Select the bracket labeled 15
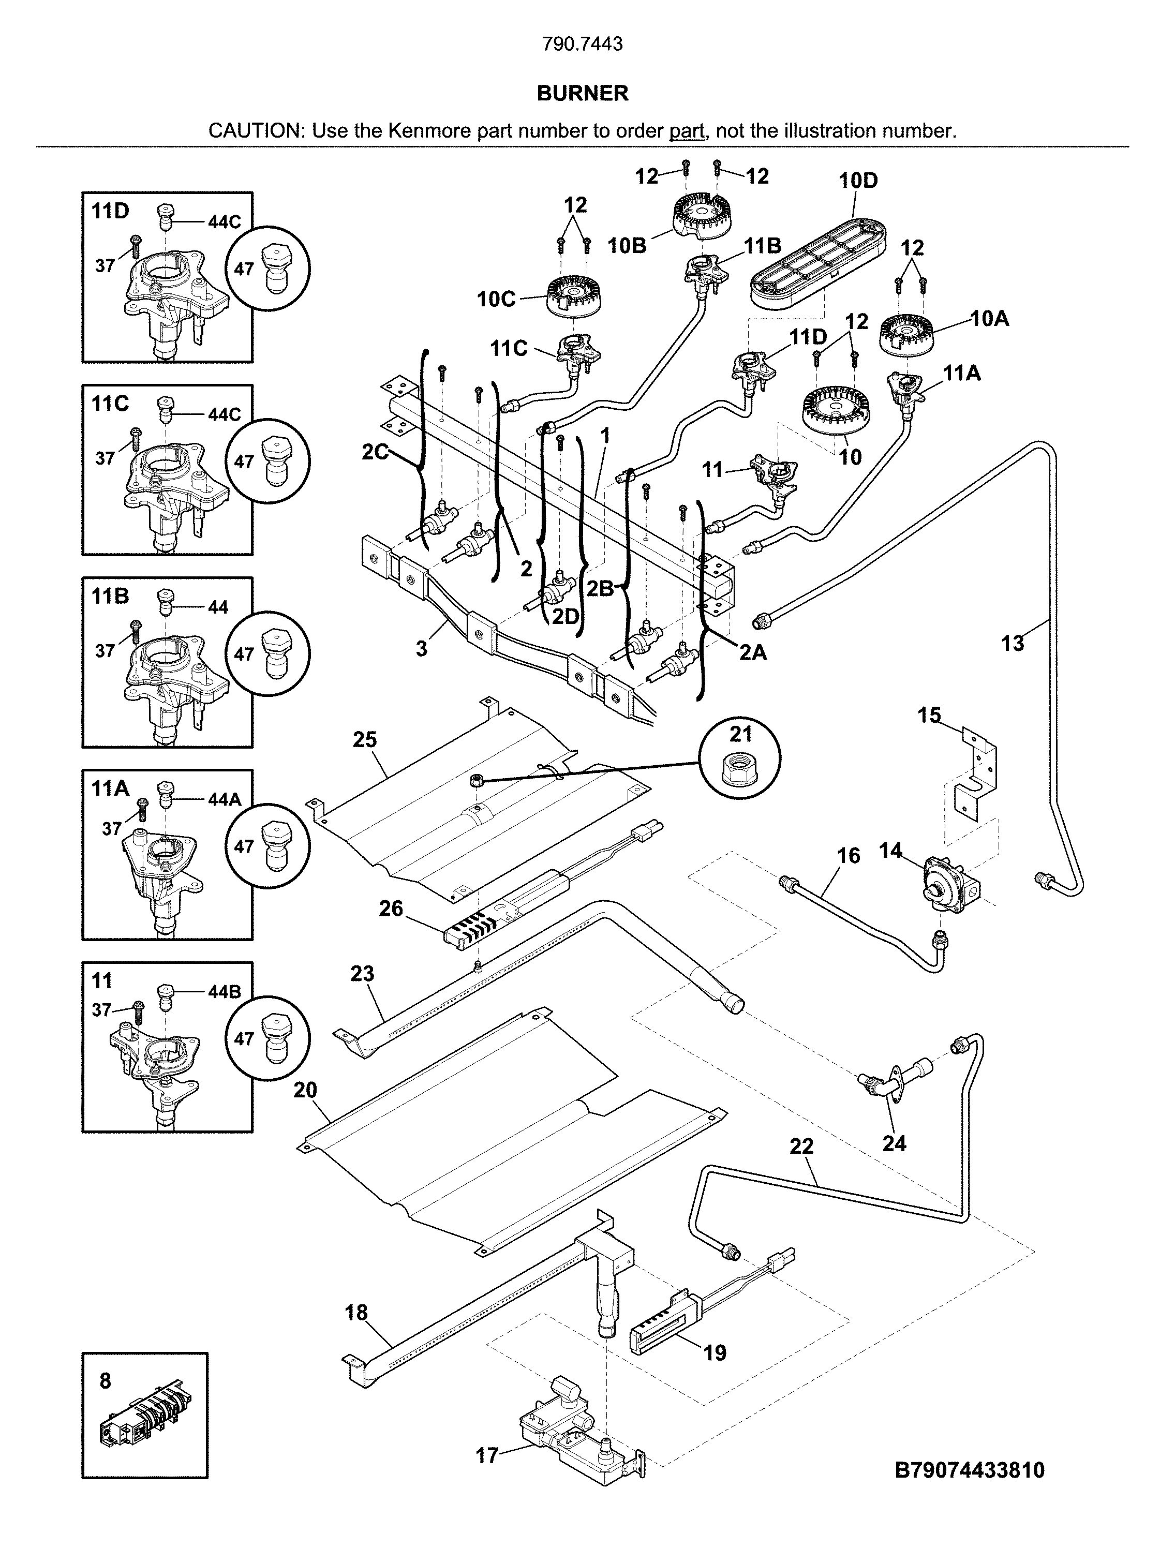976,777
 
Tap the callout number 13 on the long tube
1013,643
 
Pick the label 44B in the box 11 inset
224,992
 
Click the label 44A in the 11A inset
224,799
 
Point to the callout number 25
365,740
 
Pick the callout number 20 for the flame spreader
305,1090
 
